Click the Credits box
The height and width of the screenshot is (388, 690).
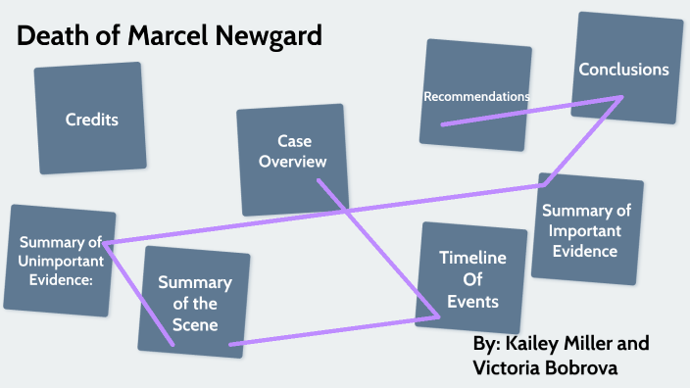pos(90,118)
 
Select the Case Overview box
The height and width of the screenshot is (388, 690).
pos(292,159)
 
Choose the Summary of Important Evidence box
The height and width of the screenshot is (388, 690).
pos(591,230)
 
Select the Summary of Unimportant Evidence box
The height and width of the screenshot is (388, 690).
pos(59,261)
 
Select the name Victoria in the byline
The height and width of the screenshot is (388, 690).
pos(509,368)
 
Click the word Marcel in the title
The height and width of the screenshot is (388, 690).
pos(146,37)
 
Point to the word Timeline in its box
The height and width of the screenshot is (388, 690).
pos(472,259)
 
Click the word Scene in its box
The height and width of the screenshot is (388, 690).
pos(194,324)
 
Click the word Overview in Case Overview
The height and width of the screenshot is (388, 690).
pos(292,162)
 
